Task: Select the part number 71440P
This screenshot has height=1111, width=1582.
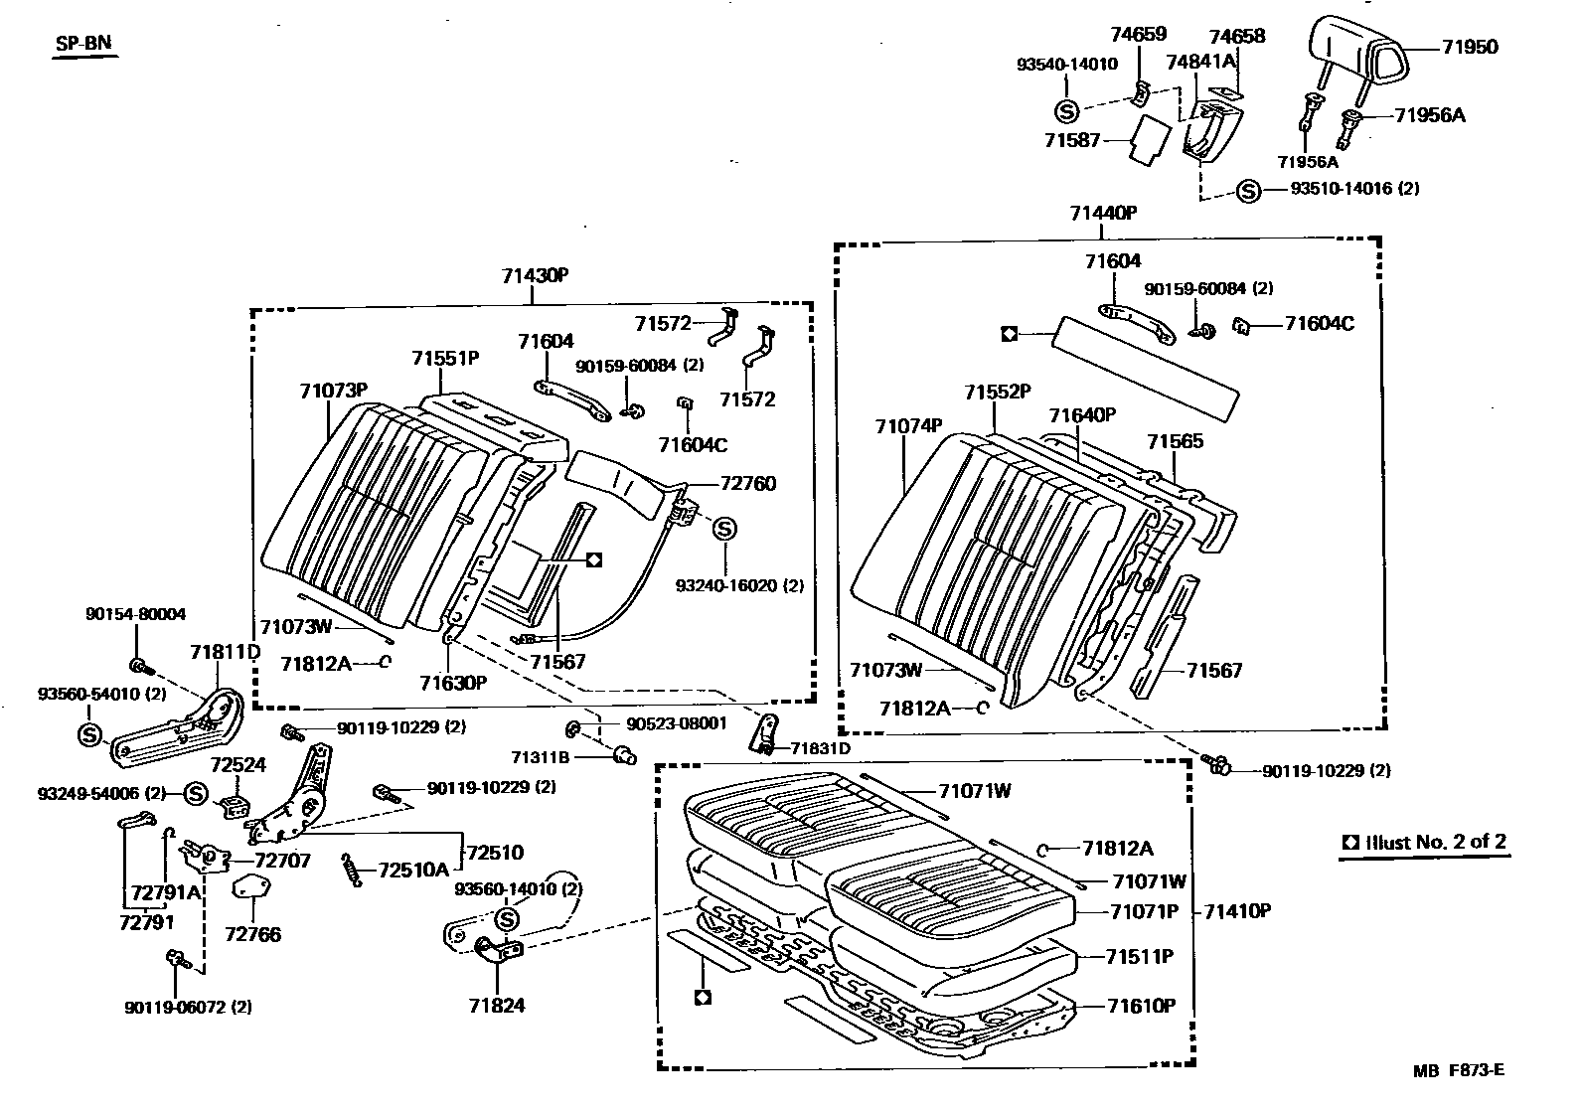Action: pyautogui.click(x=1103, y=213)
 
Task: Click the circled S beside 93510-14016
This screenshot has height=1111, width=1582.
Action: pyautogui.click(x=1249, y=191)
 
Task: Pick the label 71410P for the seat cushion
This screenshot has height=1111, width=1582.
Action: pyautogui.click(x=1237, y=911)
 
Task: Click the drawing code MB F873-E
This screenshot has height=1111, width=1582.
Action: pyautogui.click(x=1459, y=1070)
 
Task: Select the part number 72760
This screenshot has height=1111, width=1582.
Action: pyautogui.click(x=748, y=484)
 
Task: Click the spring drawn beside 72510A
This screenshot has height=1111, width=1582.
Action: pyautogui.click(x=351, y=868)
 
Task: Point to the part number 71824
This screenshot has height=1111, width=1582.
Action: pyautogui.click(x=497, y=1005)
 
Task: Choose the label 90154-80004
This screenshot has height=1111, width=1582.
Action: pyautogui.click(x=135, y=615)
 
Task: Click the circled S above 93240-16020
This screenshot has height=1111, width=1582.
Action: pyautogui.click(x=723, y=528)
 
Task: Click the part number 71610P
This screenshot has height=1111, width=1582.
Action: pyautogui.click(x=1142, y=1006)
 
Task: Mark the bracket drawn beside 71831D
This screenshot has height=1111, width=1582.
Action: pyautogui.click(x=767, y=732)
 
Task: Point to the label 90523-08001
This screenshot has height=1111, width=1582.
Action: pyautogui.click(x=677, y=723)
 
